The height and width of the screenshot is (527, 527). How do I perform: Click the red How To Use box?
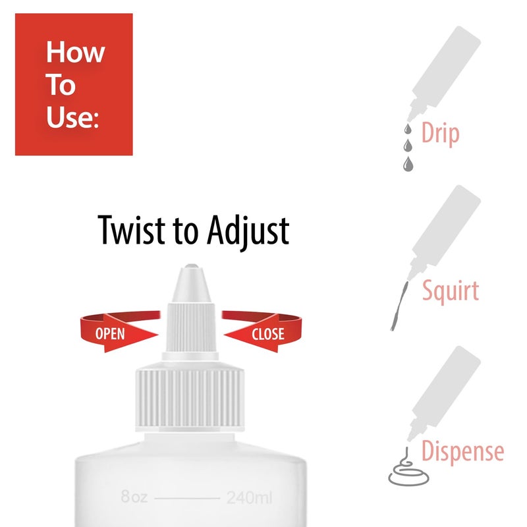pyautogui.click(x=74, y=84)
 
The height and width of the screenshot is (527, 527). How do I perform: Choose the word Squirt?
pyautogui.click(x=450, y=290)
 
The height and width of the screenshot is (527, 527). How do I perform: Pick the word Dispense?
pyautogui.click(x=462, y=452)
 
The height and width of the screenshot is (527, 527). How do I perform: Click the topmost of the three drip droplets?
pyautogui.click(x=406, y=128)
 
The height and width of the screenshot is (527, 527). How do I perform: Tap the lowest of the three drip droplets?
pyautogui.click(x=408, y=163)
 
